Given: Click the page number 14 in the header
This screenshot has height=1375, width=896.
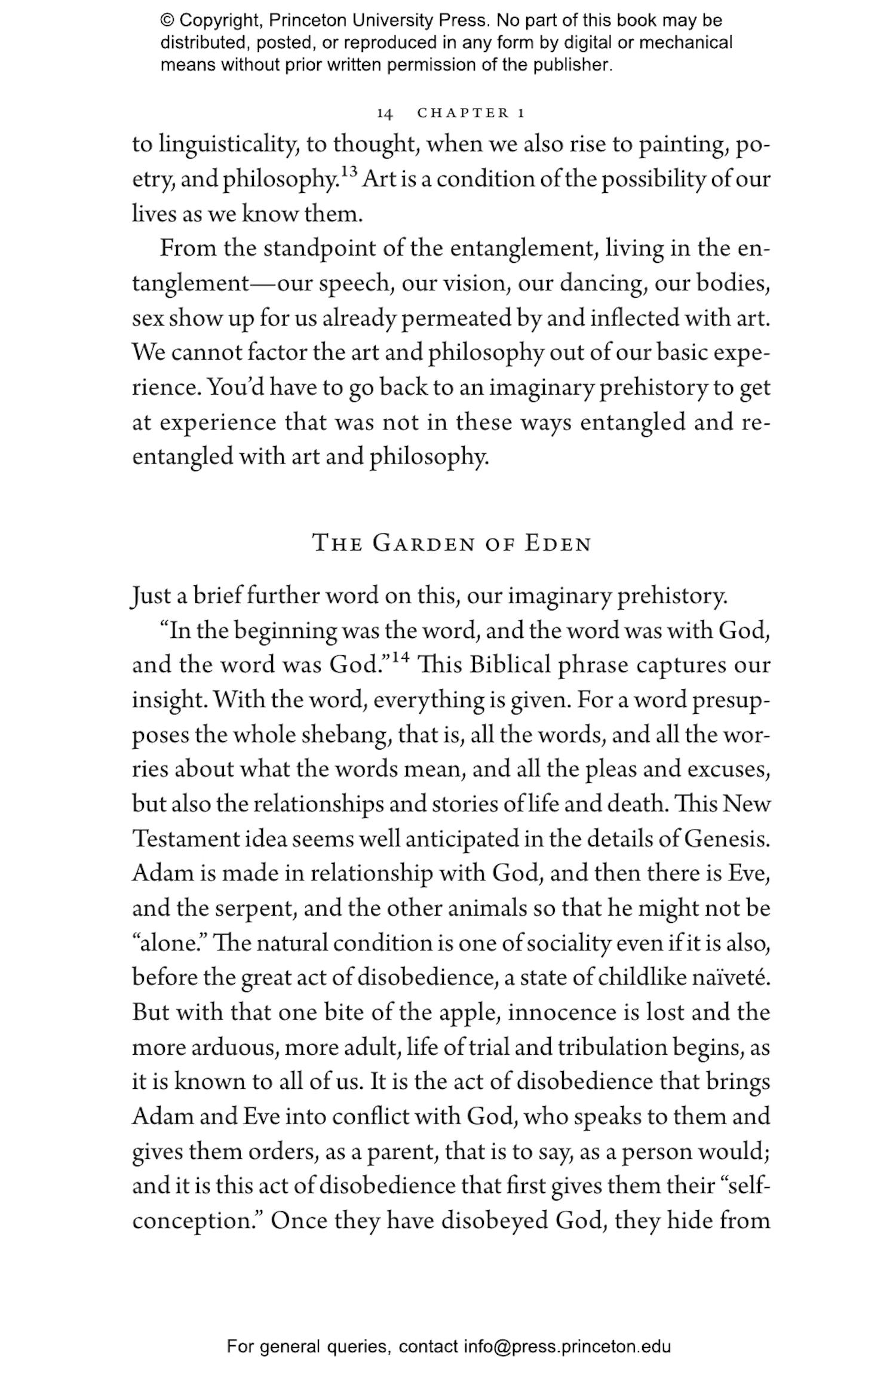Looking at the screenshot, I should pyautogui.click(x=385, y=113).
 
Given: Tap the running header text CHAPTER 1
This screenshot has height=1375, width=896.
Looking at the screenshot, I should pyautogui.click(x=471, y=113).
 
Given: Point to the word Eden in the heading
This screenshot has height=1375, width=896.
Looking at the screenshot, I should pyautogui.click(x=558, y=544).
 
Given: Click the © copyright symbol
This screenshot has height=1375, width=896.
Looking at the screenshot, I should pyautogui.click(x=167, y=21).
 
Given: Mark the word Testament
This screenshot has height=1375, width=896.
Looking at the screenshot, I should pyautogui.click(x=185, y=839).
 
